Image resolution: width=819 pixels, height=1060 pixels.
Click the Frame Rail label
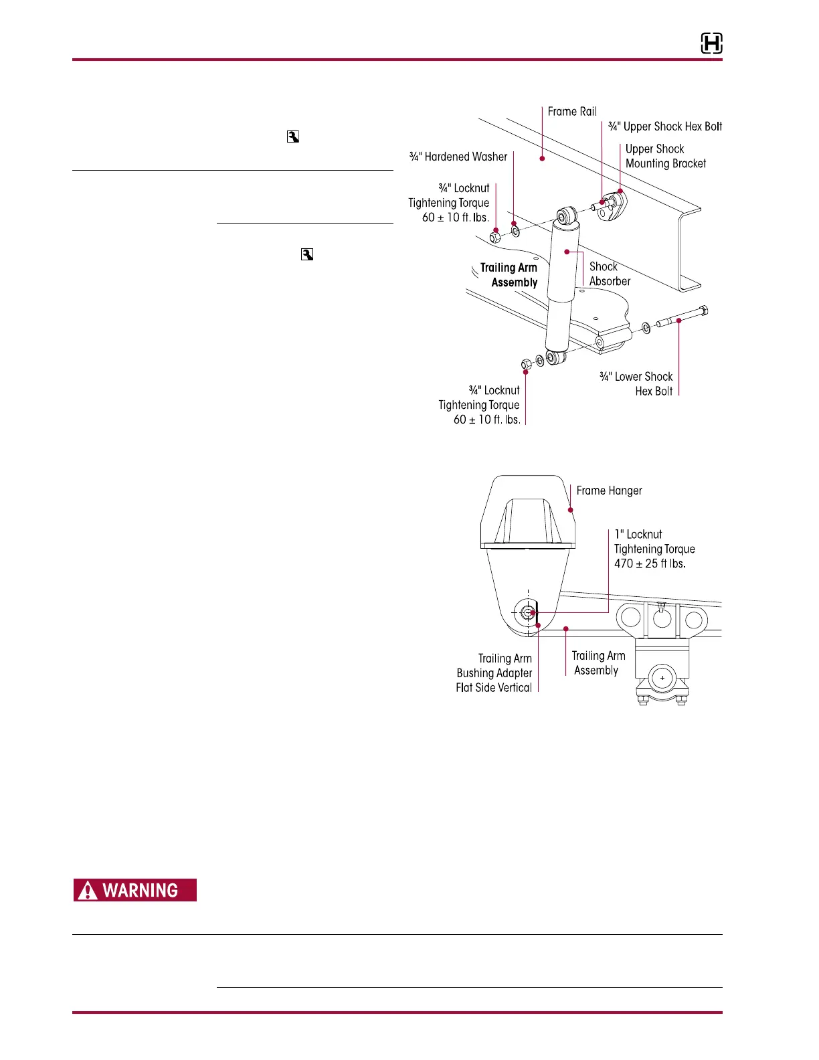click(572, 112)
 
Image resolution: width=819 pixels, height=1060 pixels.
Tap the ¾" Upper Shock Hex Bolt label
click(665, 126)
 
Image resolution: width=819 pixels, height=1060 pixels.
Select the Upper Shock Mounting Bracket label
click(665, 156)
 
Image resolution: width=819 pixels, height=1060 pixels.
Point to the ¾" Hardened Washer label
click(458, 157)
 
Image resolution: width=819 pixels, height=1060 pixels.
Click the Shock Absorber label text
click(610, 274)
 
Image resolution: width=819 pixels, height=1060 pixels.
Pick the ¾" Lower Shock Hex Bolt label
click(636, 384)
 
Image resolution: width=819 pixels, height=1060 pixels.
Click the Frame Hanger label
click(609, 491)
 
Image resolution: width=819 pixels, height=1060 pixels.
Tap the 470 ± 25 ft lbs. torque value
click(650, 563)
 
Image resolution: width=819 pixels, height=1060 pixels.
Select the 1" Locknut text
click(638, 534)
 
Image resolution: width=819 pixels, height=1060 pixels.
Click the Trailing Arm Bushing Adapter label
click(494, 673)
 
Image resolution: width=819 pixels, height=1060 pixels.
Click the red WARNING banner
click(135, 890)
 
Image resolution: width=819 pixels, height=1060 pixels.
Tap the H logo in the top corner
click(711, 44)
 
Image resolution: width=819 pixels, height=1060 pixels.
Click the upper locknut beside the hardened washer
click(495, 236)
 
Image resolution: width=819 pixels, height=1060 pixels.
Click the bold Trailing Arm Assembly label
click(509, 275)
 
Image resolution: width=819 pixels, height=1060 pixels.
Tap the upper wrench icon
click(292, 137)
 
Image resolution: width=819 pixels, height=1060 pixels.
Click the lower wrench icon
click(307, 254)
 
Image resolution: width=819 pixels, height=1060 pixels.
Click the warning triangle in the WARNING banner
click(88, 891)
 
